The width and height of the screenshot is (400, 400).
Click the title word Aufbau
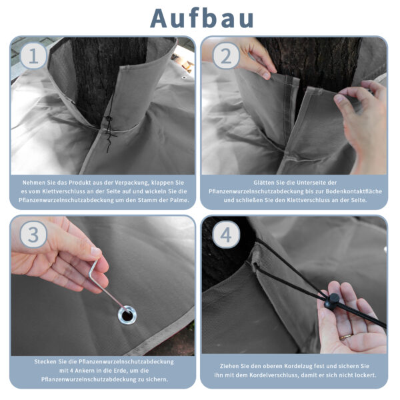tap(202, 19)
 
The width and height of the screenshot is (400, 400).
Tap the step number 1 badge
tap(33, 56)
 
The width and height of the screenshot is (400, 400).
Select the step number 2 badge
tap(226, 56)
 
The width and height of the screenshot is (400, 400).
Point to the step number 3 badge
tap(33, 235)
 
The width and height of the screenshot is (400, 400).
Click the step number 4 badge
tap(226, 235)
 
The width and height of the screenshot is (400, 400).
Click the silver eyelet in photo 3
tap(127, 315)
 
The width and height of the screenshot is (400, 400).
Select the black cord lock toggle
tap(331, 301)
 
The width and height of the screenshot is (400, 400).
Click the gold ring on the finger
tap(345, 337)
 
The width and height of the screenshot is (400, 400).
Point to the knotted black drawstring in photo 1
tap(109, 127)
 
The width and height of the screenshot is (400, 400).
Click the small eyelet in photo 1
tap(183, 77)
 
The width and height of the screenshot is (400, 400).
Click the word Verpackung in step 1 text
tap(131, 183)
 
